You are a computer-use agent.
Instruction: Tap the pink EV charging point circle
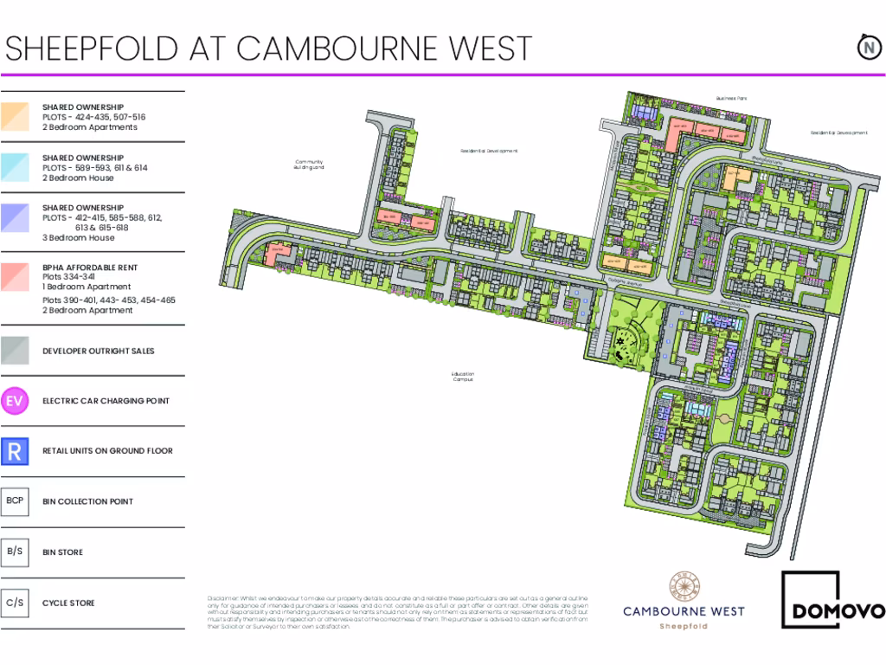point(15,401)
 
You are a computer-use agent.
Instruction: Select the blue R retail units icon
point(15,451)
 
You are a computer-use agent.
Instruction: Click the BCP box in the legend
point(15,501)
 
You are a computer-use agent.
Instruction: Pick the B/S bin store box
point(15,552)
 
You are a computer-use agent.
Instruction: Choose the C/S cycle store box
point(15,603)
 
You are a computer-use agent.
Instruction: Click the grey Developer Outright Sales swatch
point(15,351)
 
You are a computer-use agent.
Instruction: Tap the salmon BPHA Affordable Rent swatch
point(15,276)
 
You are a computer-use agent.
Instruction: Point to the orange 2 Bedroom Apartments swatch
point(15,117)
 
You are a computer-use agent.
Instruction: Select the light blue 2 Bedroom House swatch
point(15,167)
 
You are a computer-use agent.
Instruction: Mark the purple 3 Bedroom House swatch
point(15,217)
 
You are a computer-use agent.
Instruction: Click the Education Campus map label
point(463,377)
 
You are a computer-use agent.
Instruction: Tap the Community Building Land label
point(309,165)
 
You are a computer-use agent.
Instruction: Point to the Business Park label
point(731,99)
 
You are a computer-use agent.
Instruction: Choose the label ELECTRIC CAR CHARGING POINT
point(106,401)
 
